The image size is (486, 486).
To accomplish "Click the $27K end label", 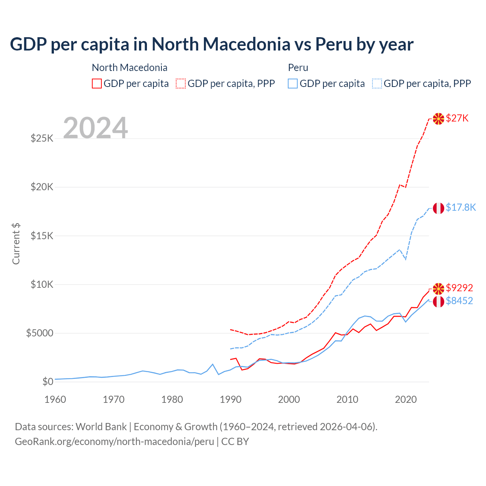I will pos(457,118).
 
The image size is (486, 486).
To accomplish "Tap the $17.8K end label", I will pos(461,207).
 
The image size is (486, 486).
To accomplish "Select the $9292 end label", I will pos(459,288).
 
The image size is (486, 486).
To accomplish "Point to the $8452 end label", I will pos(459,301).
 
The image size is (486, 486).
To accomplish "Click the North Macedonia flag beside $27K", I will pos(439,119).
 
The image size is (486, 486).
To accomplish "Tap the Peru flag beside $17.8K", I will pos(439,208).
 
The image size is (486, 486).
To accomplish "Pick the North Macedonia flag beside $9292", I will pos(439,289).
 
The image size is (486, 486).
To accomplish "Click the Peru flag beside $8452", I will pos(439,302).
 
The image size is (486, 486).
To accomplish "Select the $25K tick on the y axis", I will pos(42,138).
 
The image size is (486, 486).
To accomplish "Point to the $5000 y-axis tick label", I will pos(40,333).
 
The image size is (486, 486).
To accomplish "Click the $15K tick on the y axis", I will pos(42,236).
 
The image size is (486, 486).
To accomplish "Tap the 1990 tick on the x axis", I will pos(230,399).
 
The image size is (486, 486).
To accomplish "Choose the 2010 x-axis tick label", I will pos(347,399).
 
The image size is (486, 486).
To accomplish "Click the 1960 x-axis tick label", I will pos(55,399).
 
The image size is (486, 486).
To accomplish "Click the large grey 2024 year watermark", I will pos(95,128).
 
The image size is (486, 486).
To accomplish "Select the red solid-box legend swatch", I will pos(97,84).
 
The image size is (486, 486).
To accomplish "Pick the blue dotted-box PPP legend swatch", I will pos(377,84).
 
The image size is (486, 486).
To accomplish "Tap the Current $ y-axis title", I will pos(16,244).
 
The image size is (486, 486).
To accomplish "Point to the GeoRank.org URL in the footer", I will pos(114,442).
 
